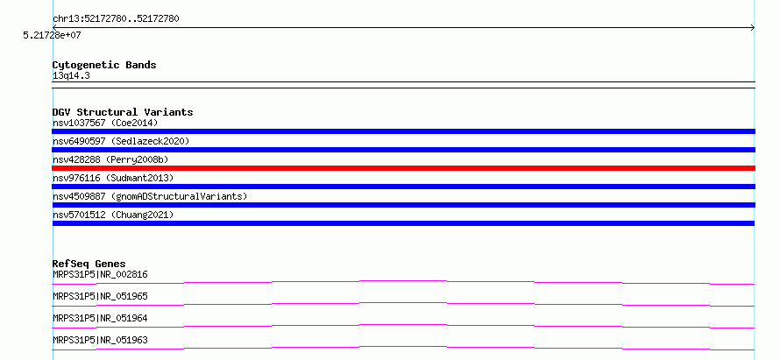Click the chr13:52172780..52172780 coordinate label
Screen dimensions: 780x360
pos(116,19)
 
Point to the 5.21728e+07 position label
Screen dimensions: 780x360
pos(52,35)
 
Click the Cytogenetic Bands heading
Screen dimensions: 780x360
pos(104,65)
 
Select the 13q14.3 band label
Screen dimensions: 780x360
pos(71,76)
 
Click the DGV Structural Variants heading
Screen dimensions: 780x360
pos(123,112)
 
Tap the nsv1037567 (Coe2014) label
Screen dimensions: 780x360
pos(105,123)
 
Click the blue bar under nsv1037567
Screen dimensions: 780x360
pos(403,131)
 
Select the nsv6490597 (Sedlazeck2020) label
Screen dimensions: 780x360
pos(121,141)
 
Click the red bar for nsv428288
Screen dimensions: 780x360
pos(403,168)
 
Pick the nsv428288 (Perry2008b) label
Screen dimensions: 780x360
pos(110,159)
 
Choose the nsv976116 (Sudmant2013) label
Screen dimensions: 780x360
pos(113,178)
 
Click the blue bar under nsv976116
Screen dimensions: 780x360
pos(403,187)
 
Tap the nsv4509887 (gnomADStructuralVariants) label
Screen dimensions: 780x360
pos(150,196)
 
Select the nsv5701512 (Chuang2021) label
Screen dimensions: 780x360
pos(113,215)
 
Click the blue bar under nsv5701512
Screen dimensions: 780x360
pos(403,223)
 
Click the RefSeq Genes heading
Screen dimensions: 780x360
pos(89,264)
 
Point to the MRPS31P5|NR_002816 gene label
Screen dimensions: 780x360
pos(100,274)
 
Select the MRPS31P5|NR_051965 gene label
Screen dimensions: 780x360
pos(100,296)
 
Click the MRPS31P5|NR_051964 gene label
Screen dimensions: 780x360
pos(100,318)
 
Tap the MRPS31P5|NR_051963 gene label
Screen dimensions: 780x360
pos(100,340)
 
